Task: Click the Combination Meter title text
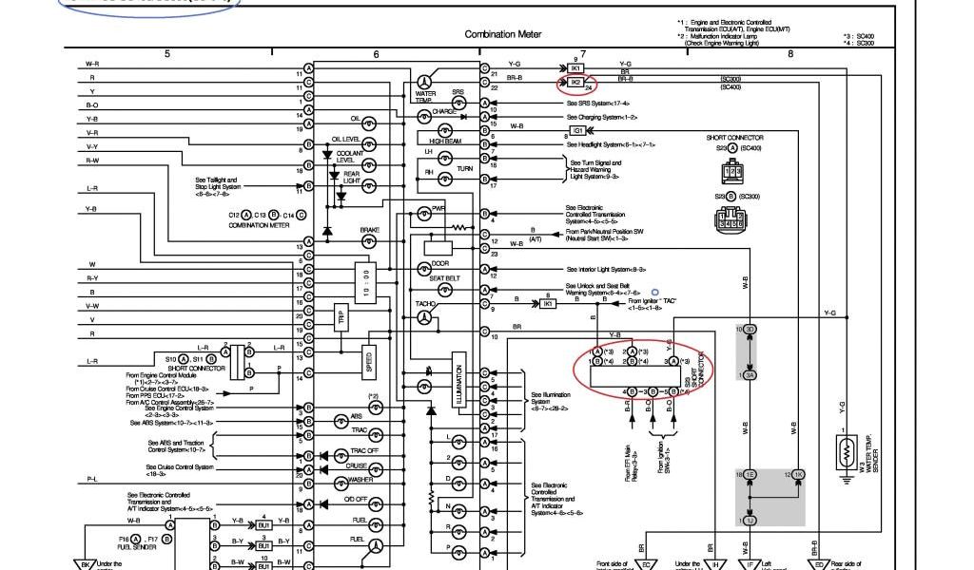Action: tap(503, 34)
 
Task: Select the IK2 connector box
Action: tap(575, 83)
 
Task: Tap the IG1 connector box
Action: tap(577, 130)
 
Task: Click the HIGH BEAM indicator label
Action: tap(445, 141)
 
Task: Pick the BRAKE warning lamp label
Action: tap(369, 230)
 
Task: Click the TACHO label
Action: tap(425, 304)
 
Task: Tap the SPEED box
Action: tap(368, 362)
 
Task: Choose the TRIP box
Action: tap(340, 316)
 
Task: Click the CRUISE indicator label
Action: tap(357, 465)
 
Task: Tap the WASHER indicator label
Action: tap(360, 481)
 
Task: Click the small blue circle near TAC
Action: tap(654, 293)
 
